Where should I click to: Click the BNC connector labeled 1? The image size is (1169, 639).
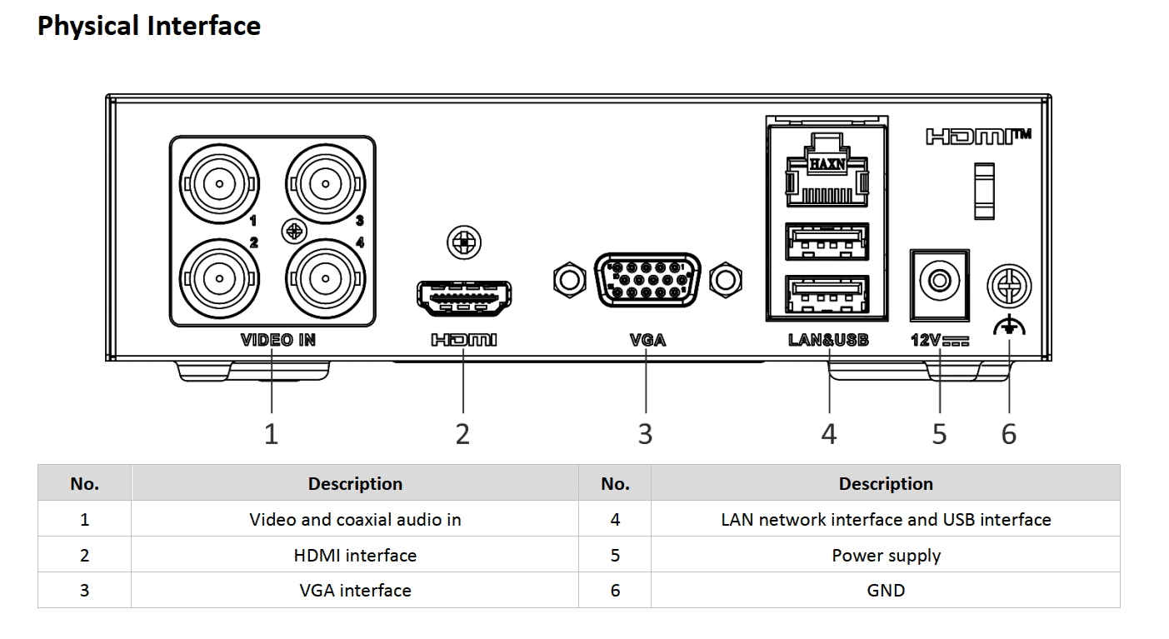219,183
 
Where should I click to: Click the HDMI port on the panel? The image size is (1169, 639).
463,298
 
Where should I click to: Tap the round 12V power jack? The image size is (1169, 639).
940,281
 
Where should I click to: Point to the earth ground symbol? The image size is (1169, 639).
1009,327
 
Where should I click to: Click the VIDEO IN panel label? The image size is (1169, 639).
278,340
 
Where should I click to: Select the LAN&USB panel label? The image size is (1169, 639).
828,340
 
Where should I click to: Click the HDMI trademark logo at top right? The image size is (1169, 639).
978,136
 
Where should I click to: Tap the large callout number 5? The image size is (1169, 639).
940,434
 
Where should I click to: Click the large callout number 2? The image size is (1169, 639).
463,434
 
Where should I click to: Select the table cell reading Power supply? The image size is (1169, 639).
886,555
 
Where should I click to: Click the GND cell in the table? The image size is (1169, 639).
886,591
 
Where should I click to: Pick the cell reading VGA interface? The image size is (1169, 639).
355,591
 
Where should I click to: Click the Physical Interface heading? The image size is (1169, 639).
149,26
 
